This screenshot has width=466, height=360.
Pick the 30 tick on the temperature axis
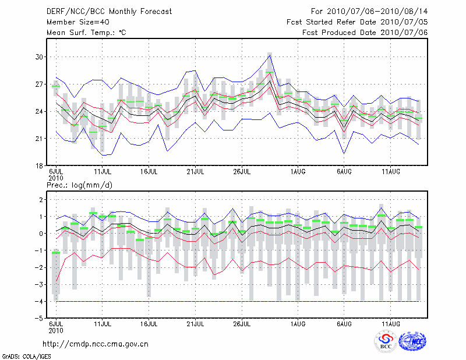click(40, 57)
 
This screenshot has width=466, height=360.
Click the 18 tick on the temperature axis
click(40, 165)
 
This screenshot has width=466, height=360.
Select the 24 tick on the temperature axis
click(40, 111)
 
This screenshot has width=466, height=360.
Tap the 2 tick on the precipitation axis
click(41, 200)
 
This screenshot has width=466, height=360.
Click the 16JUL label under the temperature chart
click(149, 172)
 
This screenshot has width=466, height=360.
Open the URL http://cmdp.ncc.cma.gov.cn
click(96, 344)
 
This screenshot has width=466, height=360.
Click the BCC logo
click(386, 341)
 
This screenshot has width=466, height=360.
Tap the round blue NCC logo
click(412, 341)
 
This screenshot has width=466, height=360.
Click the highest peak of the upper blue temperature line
click(270, 53)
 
